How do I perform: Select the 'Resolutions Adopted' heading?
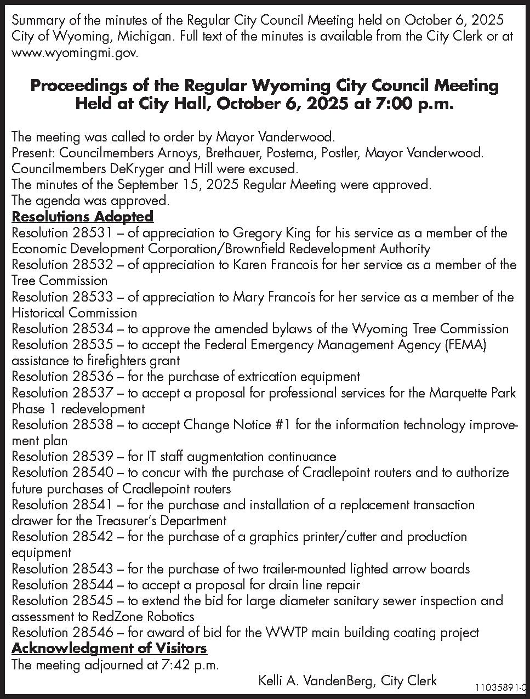[82, 217]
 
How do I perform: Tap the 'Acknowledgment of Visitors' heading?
[109, 649]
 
